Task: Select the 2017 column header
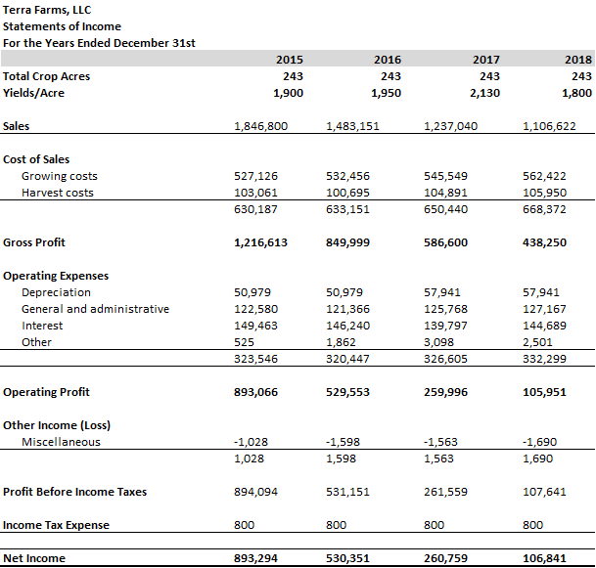pos(486,60)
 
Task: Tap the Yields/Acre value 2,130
pos(483,93)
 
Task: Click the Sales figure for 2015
pos(261,126)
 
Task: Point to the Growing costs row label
pos(60,176)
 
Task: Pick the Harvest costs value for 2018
pos(545,193)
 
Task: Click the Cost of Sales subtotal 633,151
pos(347,209)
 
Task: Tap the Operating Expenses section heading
pos(56,276)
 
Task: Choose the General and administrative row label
pos(95,309)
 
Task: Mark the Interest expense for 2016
pos(347,326)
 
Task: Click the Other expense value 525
pos(246,342)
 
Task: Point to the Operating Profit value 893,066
pos(261,392)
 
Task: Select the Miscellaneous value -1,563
pos(439,442)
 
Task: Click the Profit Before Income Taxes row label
pos(74,492)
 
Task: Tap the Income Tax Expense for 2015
pos(245,525)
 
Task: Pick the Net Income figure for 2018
pos(545,558)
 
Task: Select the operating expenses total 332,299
pos(545,359)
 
